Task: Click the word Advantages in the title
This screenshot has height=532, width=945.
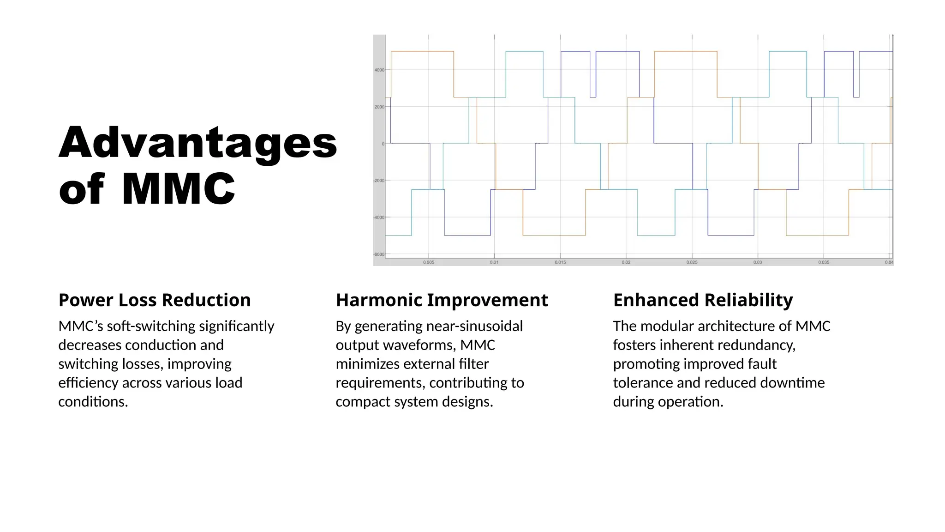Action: (197, 142)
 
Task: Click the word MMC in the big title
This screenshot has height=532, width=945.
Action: (178, 188)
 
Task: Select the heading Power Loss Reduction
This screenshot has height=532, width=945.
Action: (155, 300)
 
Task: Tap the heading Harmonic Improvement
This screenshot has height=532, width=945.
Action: (442, 300)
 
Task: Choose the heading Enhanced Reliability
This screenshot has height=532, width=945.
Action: (703, 300)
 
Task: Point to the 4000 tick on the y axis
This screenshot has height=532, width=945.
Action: (379, 70)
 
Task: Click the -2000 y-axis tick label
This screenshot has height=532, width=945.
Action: (379, 181)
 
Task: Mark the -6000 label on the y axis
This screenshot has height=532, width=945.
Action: (379, 254)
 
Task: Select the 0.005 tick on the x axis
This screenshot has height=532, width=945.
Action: (429, 262)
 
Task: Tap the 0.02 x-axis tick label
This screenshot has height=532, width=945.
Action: (626, 262)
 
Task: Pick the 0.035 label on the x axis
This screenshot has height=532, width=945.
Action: (824, 262)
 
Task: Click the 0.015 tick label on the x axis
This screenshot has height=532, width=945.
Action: (560, 262)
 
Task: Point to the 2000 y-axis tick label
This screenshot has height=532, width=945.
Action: (379, 107)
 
